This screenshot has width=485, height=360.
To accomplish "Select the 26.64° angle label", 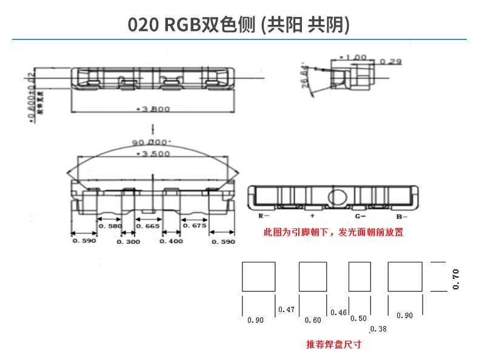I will click(x=306, y=77).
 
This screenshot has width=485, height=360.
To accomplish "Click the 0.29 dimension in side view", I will click(x=393, y=62).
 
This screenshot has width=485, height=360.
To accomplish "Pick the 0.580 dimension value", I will click(x=110, y=226).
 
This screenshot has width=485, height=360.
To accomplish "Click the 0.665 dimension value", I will click(x=148, y=226).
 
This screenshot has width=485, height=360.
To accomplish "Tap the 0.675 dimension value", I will click(x=195, y=226).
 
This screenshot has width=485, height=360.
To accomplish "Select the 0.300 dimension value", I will click(x=128, y=241).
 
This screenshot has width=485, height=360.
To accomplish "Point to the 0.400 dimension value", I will click(x=170, y=241).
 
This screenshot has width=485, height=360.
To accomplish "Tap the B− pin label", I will click(x=402, y=216).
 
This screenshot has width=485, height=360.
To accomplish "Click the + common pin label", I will click(x=312, y=216).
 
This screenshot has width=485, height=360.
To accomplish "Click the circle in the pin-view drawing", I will click(x=335, y=196).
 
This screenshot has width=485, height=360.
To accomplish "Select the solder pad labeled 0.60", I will click(x=313, y=276).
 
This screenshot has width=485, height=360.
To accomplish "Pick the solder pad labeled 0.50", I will click(x=360, y=276).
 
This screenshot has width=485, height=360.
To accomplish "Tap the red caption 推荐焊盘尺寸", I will click(x=333, y=344).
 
